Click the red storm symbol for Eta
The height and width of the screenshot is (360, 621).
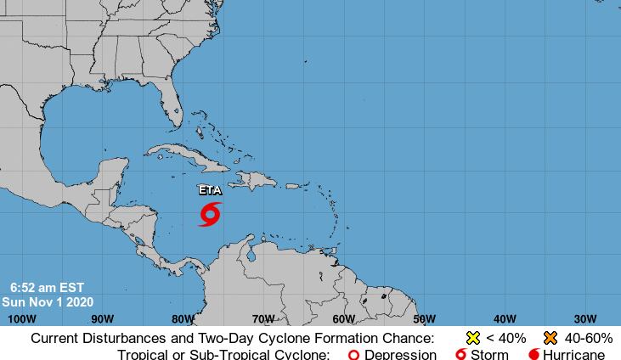(x=210, y=214)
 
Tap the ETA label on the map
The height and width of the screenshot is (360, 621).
(x=210, y=191)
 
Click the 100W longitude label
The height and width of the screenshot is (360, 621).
(x=21, y=319)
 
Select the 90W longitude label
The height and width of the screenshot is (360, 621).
(x=102, y=319)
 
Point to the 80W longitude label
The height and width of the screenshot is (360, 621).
(x=183, y=319)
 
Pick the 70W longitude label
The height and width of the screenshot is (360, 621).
(x=263, y=319)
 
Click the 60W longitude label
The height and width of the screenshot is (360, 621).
(x=343, y=319)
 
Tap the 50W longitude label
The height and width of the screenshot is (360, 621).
(x=424, y=319)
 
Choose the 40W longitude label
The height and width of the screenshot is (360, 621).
(x=505, y=319)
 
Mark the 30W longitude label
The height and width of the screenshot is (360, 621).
(x=584, y=319)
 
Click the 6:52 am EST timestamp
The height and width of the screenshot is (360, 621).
(x=48, y=288)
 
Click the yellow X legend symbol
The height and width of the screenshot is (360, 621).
(x=473, y=338)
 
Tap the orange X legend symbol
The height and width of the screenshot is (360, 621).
(x=550, y=338)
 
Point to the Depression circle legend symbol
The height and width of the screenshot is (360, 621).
(x=354, y=355)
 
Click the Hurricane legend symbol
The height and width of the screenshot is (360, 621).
(x=533, y=355)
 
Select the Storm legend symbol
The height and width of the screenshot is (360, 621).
(x=461, y=355)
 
